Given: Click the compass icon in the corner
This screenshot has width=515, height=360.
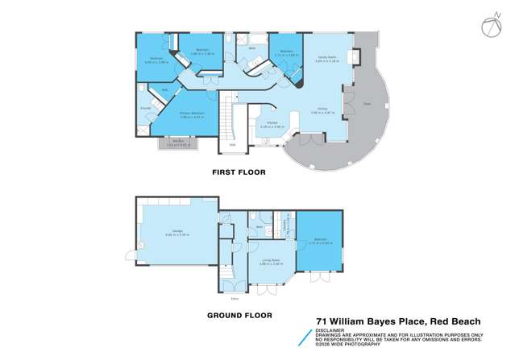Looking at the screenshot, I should click(x=492, y=27).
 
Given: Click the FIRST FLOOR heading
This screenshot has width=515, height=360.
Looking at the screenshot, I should click(x=239, y=172).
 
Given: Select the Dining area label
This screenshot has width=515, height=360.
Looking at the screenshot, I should click(x=322, y=109).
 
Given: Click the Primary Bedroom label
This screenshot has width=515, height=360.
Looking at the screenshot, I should click(x=190, y=114).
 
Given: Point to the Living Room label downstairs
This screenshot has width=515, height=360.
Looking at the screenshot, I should click(x=269, y=261).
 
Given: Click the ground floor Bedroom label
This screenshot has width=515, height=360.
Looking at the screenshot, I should click(x=320, y=240).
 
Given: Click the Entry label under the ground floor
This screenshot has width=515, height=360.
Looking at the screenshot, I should click(x=235, y=297).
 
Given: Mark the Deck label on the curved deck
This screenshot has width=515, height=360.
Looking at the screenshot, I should click(x=365, y=106).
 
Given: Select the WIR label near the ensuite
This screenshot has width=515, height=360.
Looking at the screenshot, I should click(x=164, y=89).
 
